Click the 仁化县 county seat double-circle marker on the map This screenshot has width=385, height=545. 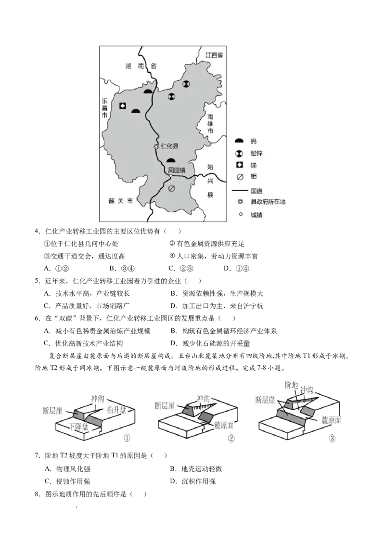[155, 146]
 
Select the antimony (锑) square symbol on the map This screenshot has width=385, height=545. [123, 106]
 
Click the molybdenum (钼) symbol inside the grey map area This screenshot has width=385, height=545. [171, 189]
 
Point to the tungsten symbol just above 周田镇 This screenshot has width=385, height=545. [171, 160]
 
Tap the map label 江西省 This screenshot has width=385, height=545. [214, 55]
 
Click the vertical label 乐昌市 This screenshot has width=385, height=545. [104, 110]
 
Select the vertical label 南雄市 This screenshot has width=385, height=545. [210, 124]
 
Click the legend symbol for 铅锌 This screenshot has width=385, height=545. [239, 154]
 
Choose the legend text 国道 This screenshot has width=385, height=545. [257, 191]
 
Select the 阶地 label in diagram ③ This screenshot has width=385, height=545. [292, 385]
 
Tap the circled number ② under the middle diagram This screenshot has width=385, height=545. [231, 439]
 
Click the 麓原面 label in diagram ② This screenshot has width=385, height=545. [223, 425]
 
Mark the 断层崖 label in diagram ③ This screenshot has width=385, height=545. [265, 400]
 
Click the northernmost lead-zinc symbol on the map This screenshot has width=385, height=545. [186, 84]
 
